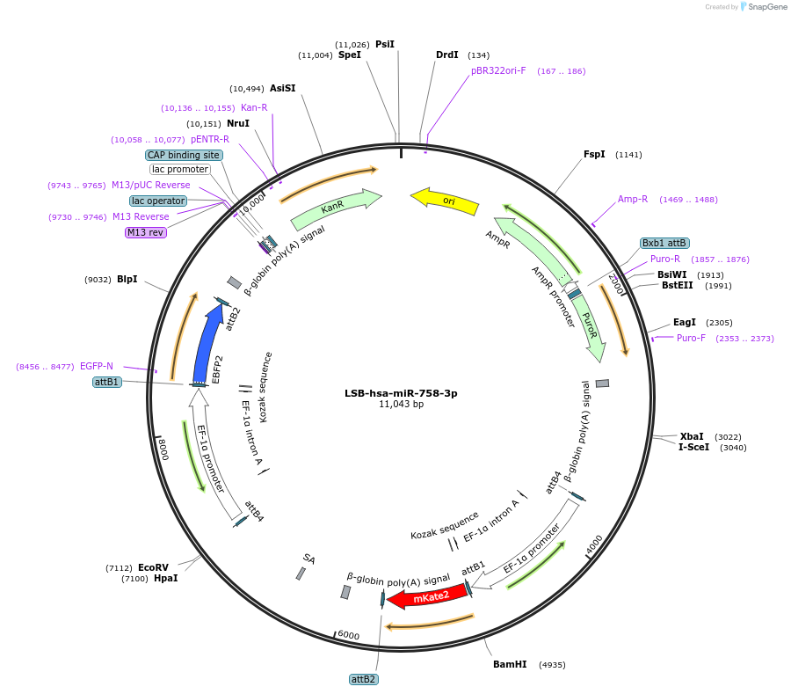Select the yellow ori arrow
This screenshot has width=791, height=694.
coord(446,201)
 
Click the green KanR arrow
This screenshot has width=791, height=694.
coord(335,208)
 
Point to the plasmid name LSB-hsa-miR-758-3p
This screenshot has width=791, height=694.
coord(401,393)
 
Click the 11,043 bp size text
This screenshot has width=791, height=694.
coord(401,405)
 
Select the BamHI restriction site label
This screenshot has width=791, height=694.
coord(510,664)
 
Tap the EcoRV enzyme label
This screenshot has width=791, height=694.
coord(153,567)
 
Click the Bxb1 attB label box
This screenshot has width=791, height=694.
coord(664,243)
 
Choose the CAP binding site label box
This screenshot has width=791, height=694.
coord(184,155)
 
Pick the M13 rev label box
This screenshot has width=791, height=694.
coord(145,232)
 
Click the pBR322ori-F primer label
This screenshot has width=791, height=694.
coord(498,70)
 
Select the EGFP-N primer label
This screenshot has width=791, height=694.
coord(97,366)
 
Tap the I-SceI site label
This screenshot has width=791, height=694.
coord(693,447)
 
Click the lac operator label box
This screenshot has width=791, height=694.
coord(158,201)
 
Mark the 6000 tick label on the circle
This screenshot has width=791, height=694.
coord(349,635)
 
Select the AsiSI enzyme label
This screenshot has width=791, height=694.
coord(283,88)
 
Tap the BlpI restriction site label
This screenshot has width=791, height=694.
coord(127,279)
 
